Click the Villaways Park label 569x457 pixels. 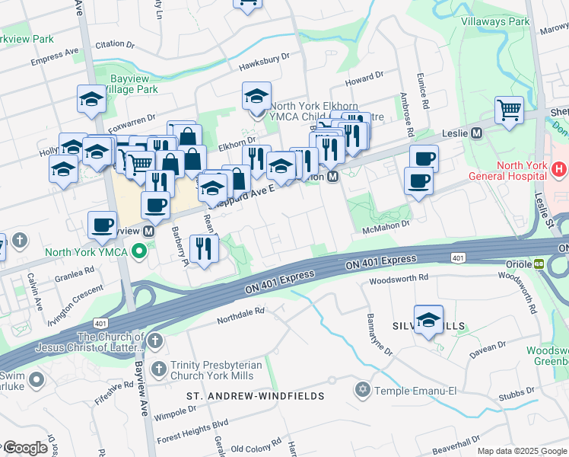pos(494,22)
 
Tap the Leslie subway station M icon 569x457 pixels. pos(478,133)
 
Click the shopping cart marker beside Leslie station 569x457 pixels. pos(509,109)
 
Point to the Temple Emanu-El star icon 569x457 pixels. pos(363,390)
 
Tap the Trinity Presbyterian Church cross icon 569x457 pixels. pos(159,369)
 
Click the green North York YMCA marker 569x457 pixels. pos(138,250)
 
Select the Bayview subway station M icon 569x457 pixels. pos(149,230)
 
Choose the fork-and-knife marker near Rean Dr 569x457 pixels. pos(204,248)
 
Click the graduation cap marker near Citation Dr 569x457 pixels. pos(91,99)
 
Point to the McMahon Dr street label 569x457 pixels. pos(386,224)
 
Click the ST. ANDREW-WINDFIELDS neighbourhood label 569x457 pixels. pos(256,396)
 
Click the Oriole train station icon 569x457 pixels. pos(539,264)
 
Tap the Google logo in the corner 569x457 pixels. pos(25,448)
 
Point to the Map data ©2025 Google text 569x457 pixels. pos(522,451)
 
